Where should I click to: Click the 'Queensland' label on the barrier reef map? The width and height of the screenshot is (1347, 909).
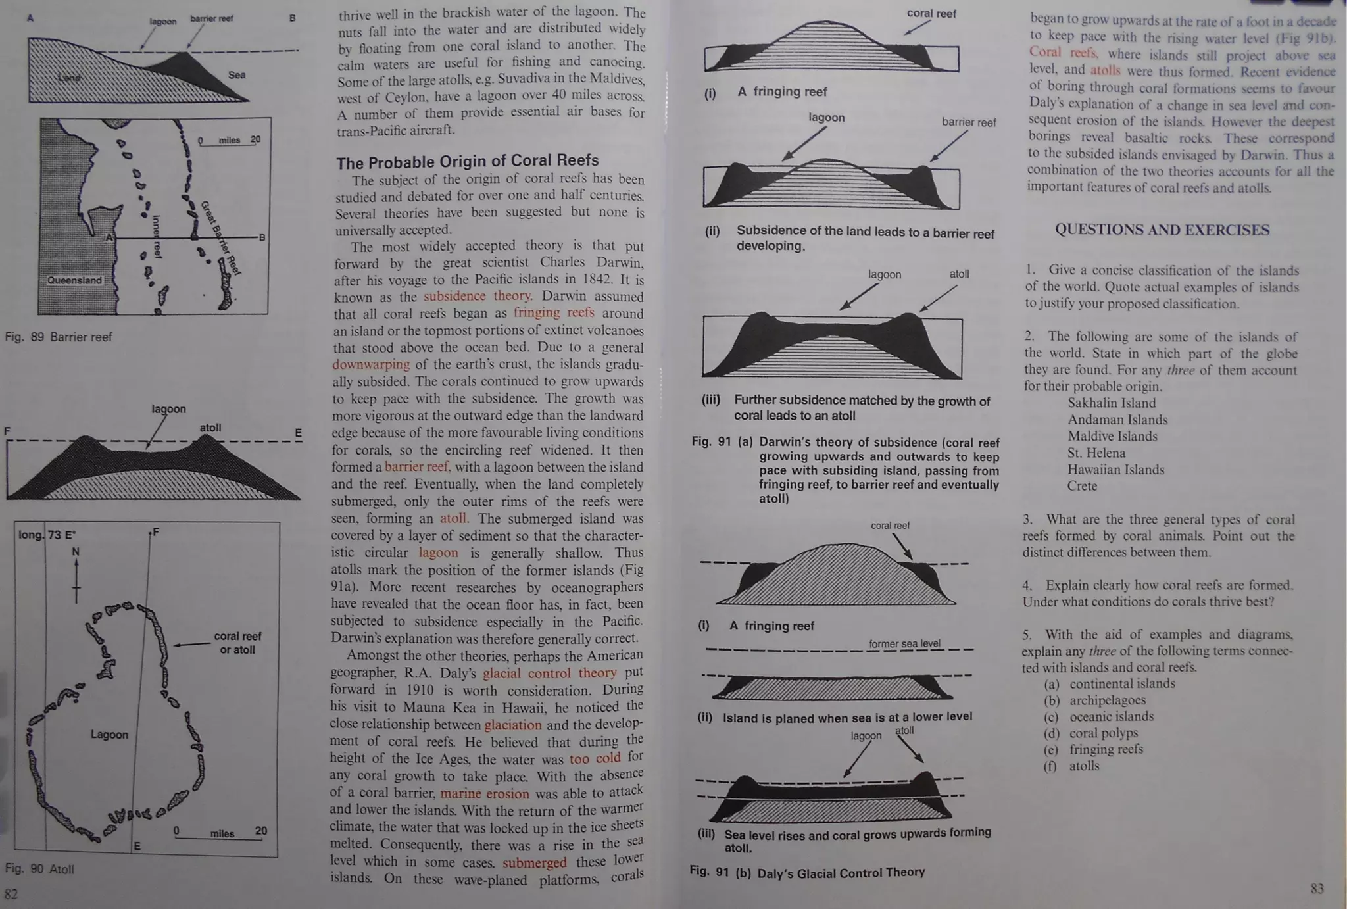tap(74, 280)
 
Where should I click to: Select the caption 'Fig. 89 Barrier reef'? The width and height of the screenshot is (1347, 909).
tap(59, 337)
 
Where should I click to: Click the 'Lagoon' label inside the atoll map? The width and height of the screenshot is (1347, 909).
tap(109, 735)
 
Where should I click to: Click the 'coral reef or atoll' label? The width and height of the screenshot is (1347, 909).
tap(237, 643)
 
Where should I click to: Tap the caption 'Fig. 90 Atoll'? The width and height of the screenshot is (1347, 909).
tap(39, 869)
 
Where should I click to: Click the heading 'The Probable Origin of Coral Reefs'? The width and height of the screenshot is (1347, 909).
tap(467, 161)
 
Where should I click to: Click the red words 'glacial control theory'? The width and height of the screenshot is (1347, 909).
tap(550, 673)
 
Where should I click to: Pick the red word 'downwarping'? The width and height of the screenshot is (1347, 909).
tap(370, 364)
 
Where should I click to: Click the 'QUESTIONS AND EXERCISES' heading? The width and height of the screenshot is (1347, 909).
tap(1162, 230)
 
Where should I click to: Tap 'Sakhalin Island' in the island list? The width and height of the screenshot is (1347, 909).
tap(1112, 403)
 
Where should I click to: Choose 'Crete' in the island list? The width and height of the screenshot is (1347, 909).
tap(1082, 486)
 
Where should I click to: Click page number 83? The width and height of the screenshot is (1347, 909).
tap(1317, 889)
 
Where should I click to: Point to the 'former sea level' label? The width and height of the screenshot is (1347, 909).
tap(904, 643)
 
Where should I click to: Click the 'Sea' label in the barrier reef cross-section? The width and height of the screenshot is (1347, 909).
tap(237, 75)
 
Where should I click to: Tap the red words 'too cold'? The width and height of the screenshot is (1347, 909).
tap(595, 758)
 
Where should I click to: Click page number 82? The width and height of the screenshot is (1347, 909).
tap(11, 894)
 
